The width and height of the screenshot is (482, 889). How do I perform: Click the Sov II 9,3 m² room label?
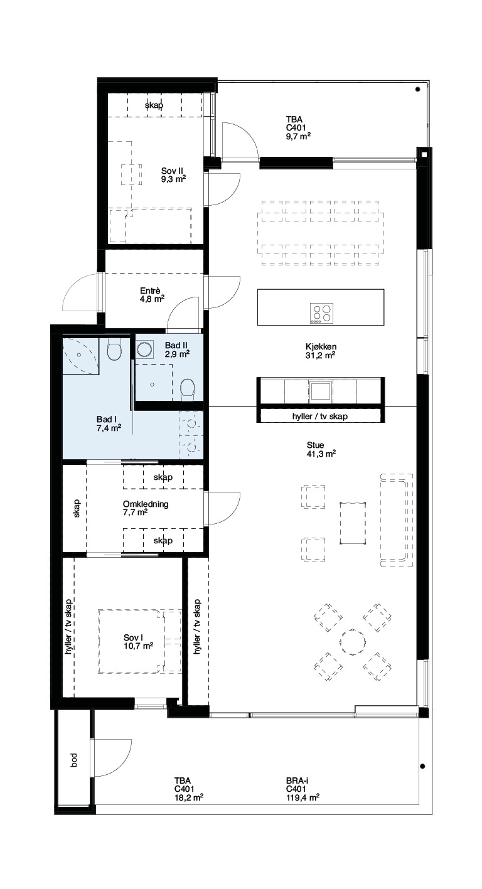click(x=173, y=175)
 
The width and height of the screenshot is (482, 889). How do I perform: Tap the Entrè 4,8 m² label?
click(x=152, y=295)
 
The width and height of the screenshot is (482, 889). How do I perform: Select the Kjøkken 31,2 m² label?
click(x=321, y=351)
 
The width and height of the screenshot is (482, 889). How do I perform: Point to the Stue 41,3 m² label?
click(x=321, y=449)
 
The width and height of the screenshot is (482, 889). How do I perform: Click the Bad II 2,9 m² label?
click(x=177, y=349)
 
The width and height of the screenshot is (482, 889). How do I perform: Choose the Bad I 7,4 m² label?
click(x=109, y=423)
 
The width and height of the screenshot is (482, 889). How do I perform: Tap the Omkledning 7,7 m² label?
click(x=146, y=508)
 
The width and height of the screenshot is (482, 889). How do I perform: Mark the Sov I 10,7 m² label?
click(x=138, y=642)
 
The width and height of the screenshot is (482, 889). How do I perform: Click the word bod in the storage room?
click(x=73, y=760)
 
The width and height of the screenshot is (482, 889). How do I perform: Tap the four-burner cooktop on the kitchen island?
click(x=321, y=313)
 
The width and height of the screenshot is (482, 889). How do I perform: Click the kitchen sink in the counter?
click(x=320, y=391)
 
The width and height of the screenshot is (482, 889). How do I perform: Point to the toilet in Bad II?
click(x=187, y=387)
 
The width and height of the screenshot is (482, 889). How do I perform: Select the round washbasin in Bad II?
click(x=144, y=350)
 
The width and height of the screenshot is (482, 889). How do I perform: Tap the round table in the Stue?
click(x=353, y=642)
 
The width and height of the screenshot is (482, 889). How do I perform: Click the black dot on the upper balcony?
click(x=417, y=89)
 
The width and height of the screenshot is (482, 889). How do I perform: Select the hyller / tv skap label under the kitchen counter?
click(x=319, y=417)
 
